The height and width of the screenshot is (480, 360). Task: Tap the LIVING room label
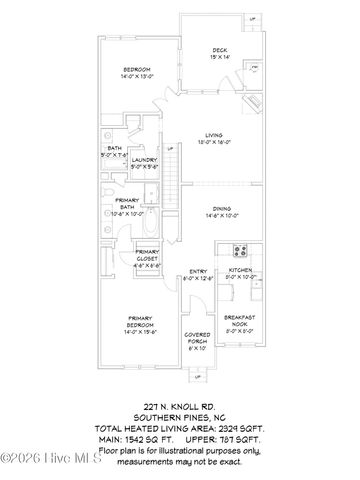coord(213,134)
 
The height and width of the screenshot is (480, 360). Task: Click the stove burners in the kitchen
coord(241,250)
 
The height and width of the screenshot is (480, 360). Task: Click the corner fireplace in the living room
coord(254,104)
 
